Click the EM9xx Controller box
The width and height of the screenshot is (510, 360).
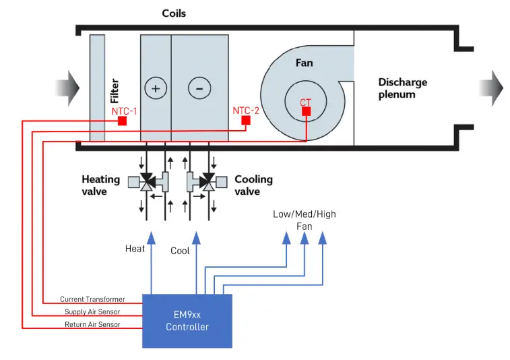(187, 320)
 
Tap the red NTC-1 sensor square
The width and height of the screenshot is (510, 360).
(122, 121)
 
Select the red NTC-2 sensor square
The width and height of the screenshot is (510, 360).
(246, 121)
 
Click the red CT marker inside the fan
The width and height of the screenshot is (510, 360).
(306, 111)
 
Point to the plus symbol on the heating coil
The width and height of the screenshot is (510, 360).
(155, 88)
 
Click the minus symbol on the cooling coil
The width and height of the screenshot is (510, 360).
(198, 88)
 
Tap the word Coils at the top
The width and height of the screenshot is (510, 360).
(174, 13)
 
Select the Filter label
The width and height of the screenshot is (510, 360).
(115, 92)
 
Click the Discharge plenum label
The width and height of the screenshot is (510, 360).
(402, 88)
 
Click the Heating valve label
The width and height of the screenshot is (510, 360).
(101, 185)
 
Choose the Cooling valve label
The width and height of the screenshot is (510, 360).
(253, 185)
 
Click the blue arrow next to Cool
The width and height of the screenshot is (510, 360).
(196, 238)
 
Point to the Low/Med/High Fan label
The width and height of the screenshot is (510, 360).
(305, 220)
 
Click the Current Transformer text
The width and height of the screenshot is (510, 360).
(92, 299)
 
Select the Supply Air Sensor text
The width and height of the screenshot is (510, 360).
(93, 311)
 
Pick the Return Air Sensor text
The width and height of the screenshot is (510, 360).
(93, 324)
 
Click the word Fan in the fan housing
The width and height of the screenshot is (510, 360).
(305, 63)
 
